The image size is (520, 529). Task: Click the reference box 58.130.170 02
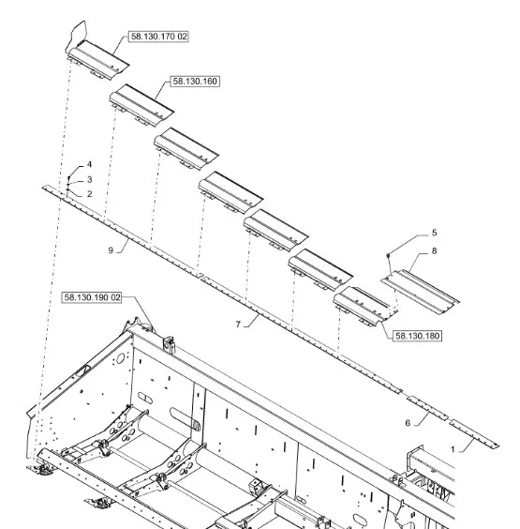point(158,37)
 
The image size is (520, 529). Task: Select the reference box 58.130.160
point(195,82)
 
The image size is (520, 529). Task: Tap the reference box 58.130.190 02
point(92,297)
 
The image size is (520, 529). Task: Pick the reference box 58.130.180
point(417,336)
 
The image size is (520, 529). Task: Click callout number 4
point(89,164)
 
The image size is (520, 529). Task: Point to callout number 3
point(90,179)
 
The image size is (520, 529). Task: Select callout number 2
point(89,193)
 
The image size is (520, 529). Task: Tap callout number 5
point(434,233)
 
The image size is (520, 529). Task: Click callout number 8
point(434,251)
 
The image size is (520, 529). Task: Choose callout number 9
point(111,250)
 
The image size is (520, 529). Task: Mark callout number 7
point(238,325)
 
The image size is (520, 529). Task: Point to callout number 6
point(408,423)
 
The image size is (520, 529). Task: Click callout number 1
point(453,449)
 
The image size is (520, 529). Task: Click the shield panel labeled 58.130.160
point(141,105)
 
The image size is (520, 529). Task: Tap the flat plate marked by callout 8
point(421,292)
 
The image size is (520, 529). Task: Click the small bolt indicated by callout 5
point(388,254)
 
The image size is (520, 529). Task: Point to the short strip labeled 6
point(427,408)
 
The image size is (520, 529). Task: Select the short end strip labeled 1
point(474,434)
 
